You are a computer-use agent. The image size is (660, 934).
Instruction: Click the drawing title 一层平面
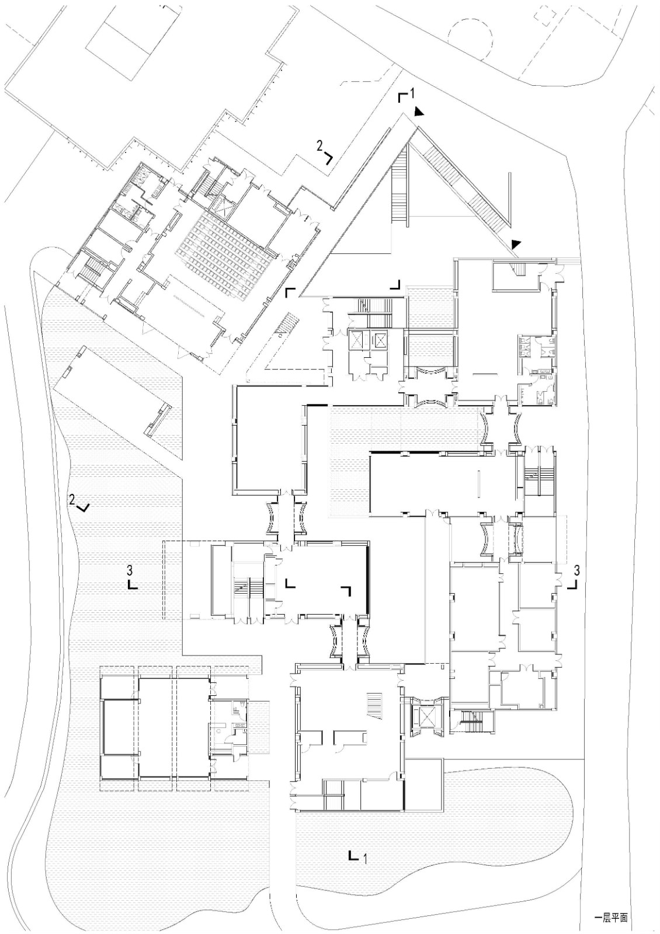pyautogui.click(x=610, y=917)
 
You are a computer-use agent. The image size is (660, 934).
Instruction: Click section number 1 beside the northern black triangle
pyautogui.click(x=412, y=92)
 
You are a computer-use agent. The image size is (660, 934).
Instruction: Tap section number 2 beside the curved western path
pyautogui.click(x=72, y=499)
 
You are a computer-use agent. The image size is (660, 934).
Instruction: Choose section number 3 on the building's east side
pyautogui.click(x=577, y=569)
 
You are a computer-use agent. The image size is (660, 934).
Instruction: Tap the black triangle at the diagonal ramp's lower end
pyautogui.click(x=516, y=243)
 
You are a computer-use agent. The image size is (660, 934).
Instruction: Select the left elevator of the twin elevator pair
pyautogui.click(x=356, y=340)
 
